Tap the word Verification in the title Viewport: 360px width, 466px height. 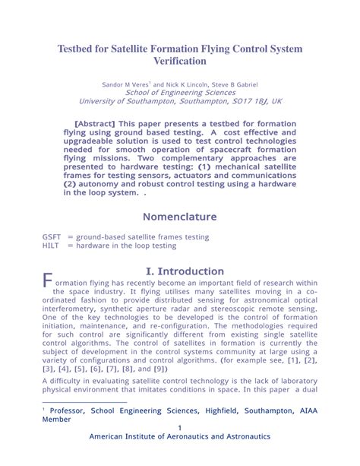pos(180,61)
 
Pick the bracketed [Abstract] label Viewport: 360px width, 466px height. pos(94,123)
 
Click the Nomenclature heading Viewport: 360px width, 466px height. pos(180,217)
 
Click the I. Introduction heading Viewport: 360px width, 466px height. pos(185,271)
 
